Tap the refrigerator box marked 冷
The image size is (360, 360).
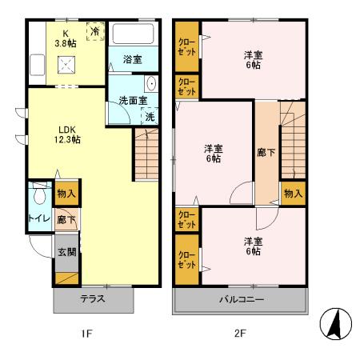click(94, 32)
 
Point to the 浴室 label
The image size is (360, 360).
click(132, 59)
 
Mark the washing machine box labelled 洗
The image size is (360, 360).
click(150, 117)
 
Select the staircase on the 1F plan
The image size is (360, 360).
click(148, 156)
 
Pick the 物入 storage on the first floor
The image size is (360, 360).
click(66, 193)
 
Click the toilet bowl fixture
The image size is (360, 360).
click(39, 198)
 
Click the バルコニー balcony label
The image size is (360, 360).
click(241, 299)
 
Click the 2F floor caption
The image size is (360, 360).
click(240, 334)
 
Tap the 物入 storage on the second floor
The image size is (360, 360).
click(292, 193)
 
